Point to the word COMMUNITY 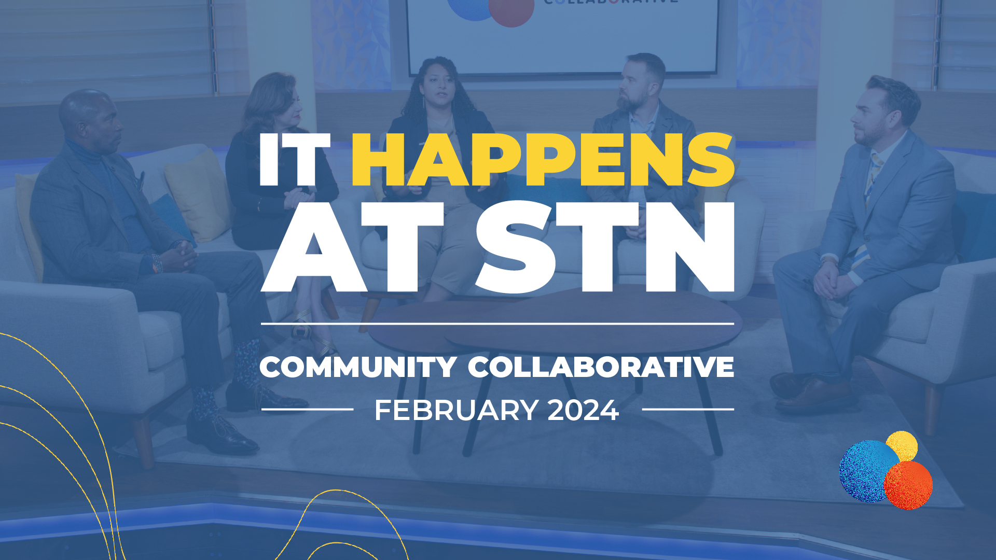358,367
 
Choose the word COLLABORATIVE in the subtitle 601,367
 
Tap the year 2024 583,410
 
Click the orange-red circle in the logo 908,485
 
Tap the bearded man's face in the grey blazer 635,88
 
